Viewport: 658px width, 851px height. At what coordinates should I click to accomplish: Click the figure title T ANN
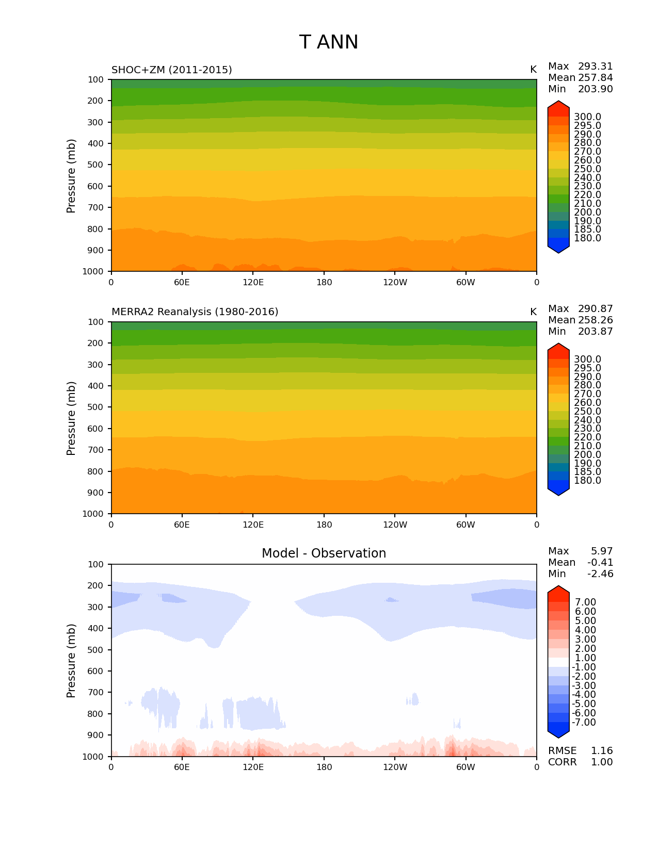pyautogui.click(x=328, y=42)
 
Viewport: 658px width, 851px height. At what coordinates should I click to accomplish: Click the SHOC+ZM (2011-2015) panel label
pyautogui.click(x=171, y=70)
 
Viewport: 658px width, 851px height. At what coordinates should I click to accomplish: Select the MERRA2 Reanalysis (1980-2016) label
pyautogui.click(x=195, y=312)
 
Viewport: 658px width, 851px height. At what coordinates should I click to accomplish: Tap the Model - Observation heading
pyautogui.click(x=324, y=553)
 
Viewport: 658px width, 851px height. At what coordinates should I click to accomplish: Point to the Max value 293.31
pyautogui.click(x=595, y=67)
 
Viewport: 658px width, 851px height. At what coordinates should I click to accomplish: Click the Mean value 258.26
pyautogui.click(x=595, y=320)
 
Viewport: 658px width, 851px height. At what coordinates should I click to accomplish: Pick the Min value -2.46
pyautogui.click(x=600, y=574)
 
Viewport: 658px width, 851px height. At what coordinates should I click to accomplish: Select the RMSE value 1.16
pyautogui.click(x=601, y=751)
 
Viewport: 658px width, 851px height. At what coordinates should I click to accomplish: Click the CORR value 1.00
pyautogui.click(x=601, y=762)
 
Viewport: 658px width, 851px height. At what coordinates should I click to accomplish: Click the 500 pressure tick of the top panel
pyautogui.click(x=97, y=165)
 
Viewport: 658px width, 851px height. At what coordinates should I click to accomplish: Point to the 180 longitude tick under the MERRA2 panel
pyautogui.click(x=324, y=525)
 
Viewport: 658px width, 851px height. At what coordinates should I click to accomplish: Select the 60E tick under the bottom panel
pyautogui.click(x=182, y=767)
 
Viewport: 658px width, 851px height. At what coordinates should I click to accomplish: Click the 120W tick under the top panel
pyautogui.click(x=395, y=283)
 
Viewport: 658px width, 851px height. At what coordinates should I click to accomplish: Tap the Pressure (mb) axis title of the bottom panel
pyautogui.click(x=71, y=661)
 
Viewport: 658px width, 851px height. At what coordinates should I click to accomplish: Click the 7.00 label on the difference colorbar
pyautogui.click(x=585, y=602)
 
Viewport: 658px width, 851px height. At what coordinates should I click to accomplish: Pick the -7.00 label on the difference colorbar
pyautogui.click(x=584, y=723)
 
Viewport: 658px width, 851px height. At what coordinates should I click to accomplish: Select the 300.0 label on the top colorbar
pyautogui.click(x=587, y=117)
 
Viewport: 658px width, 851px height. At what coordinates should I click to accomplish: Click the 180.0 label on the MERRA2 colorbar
pyautogui.click(x=587, y=481)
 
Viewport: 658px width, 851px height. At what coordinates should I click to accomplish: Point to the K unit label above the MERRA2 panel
pyautogui.click(x=533, y=312)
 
